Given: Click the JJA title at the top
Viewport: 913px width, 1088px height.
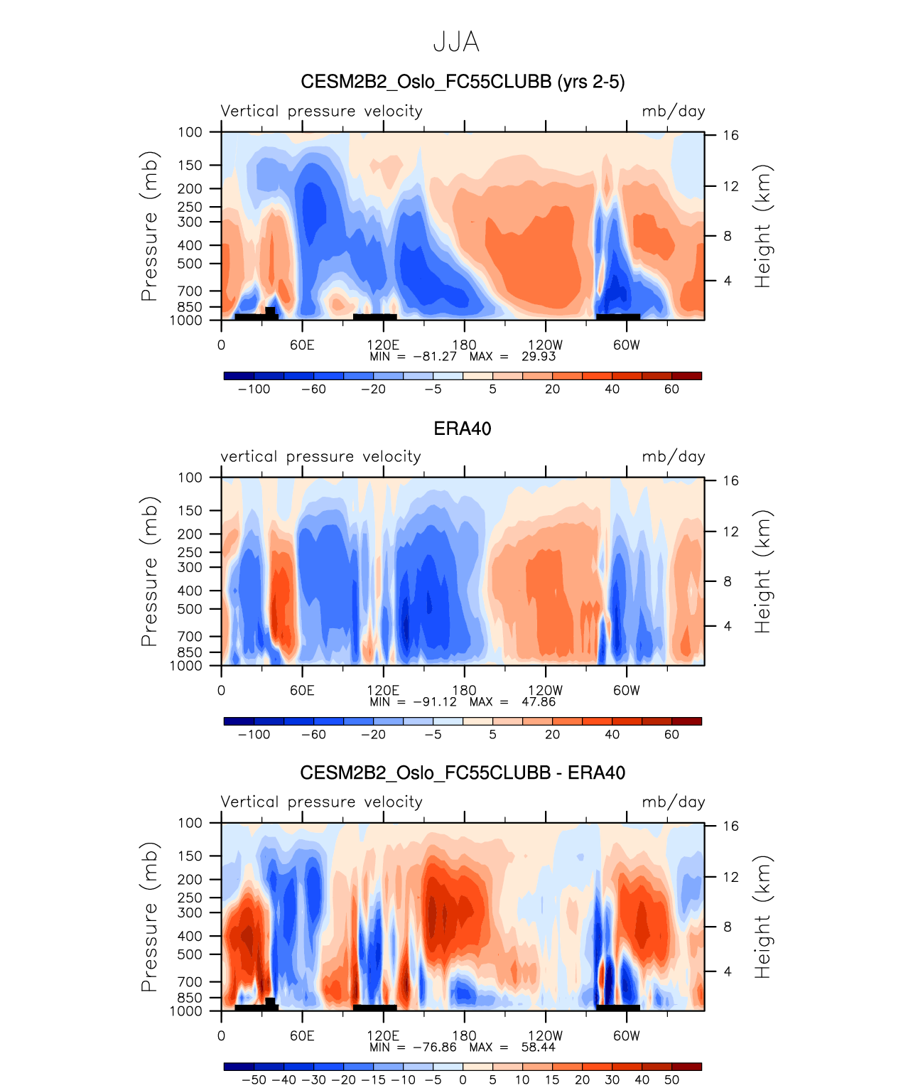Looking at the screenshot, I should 456,43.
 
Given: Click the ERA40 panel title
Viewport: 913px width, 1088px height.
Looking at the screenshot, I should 462,429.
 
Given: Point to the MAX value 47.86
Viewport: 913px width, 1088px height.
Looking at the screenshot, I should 538,702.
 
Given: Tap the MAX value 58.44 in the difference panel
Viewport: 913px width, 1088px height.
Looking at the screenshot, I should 538,1047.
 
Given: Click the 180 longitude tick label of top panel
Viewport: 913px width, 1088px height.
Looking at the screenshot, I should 465,345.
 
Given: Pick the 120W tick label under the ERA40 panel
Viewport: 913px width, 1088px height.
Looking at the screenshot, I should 545,690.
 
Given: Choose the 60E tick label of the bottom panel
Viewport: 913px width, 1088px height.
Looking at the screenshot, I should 302,1035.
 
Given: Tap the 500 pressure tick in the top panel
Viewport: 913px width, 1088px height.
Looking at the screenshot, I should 190,264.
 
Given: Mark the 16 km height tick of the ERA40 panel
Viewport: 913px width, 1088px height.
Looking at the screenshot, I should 730,481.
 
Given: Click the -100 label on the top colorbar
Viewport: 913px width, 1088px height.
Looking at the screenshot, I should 254,389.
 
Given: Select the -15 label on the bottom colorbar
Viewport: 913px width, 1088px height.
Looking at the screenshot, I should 373,1080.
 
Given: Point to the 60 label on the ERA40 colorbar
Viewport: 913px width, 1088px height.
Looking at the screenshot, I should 671,735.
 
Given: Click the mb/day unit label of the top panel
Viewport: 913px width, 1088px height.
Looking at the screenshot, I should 673,112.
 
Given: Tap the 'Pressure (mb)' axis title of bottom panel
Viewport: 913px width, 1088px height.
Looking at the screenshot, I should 149,917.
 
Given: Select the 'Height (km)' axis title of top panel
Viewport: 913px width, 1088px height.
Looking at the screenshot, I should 762,226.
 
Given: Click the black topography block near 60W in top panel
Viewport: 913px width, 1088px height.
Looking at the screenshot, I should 617,317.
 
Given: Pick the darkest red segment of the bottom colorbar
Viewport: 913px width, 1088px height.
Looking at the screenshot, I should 686,1067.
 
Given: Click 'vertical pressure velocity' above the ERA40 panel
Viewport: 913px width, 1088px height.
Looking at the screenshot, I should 320,457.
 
